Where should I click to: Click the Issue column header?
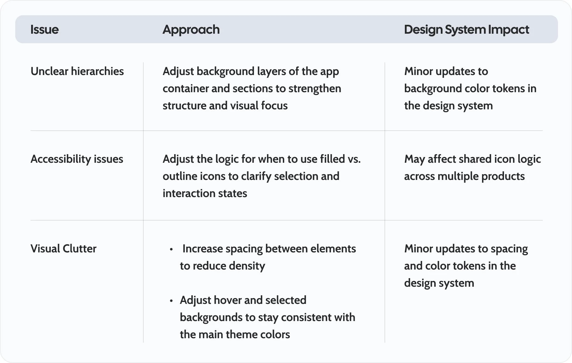click(x=44, y=30)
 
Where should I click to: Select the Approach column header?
click(x=191, y=30)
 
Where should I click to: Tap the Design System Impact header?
click(x=466, y=30)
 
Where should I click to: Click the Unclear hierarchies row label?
click(x=77, y=71)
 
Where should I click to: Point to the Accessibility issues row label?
click(x=77, y=159)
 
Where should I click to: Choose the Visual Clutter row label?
click(x=64, y=249)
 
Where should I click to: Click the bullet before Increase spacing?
click(x=171, y=250)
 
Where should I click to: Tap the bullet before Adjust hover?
click(x=171, y=301)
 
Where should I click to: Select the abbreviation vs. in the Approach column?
click(x=354, y=159)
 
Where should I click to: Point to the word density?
click(x=247, y=266)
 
